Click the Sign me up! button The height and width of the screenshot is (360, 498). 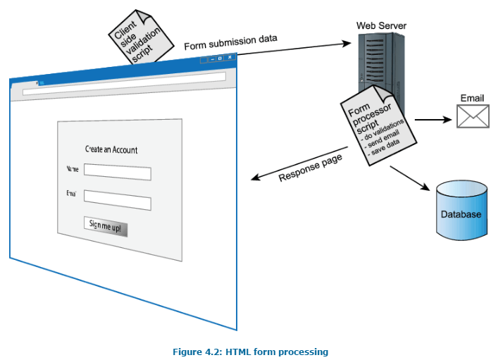[106, 225]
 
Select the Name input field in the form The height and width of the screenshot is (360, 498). [117, 173]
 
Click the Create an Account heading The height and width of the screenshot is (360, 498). [111, 149]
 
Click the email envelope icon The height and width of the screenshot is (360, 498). [473, 116]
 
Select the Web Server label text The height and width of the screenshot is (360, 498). [381, 26]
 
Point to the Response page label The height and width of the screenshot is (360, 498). [310, 168]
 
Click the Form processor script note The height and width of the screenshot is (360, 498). [373, 128]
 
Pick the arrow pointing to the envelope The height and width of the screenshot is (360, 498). [432, 119]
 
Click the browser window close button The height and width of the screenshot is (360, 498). [230, 58]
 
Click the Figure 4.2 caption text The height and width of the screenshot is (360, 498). [250, 352]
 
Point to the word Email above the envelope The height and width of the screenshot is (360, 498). [473, 98]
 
